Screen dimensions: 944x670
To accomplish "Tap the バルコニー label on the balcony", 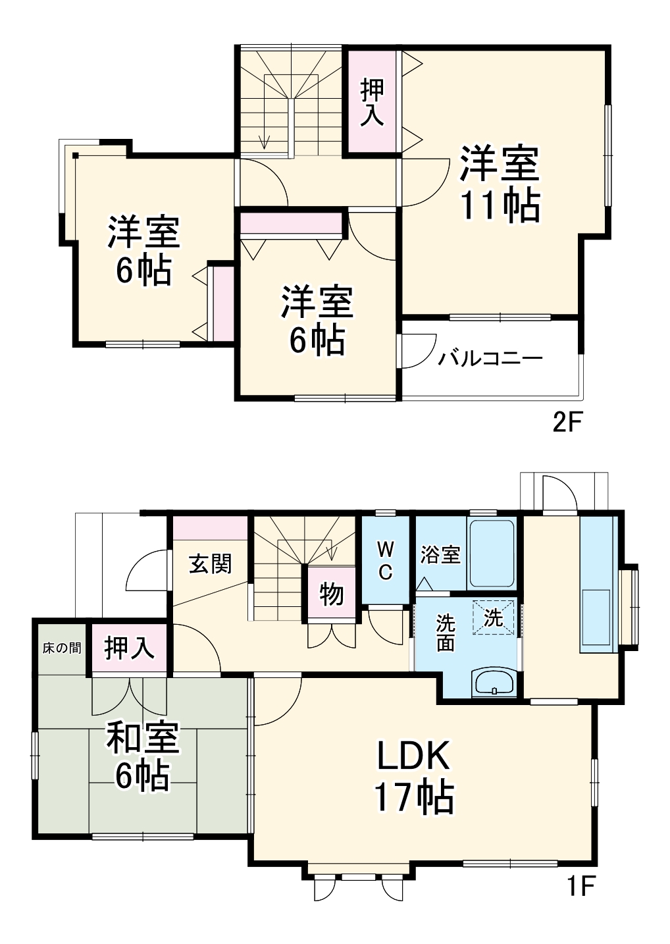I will point(490,359).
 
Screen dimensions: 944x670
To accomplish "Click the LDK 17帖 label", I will point(413,777).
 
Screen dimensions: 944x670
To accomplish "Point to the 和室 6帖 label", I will point(142,757).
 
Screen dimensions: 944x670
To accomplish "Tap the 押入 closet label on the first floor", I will point(129,648).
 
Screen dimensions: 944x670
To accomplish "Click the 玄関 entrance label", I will point(211,564).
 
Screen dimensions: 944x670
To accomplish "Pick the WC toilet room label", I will point(386,560).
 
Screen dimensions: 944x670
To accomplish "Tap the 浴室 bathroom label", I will point(440,554).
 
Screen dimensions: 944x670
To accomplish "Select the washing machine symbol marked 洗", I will point(493,617).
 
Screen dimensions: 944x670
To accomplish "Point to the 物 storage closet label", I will point(332,594).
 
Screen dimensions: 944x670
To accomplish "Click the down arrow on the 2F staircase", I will point(265,141).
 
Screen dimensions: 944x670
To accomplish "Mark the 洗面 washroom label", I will point(446,633).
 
